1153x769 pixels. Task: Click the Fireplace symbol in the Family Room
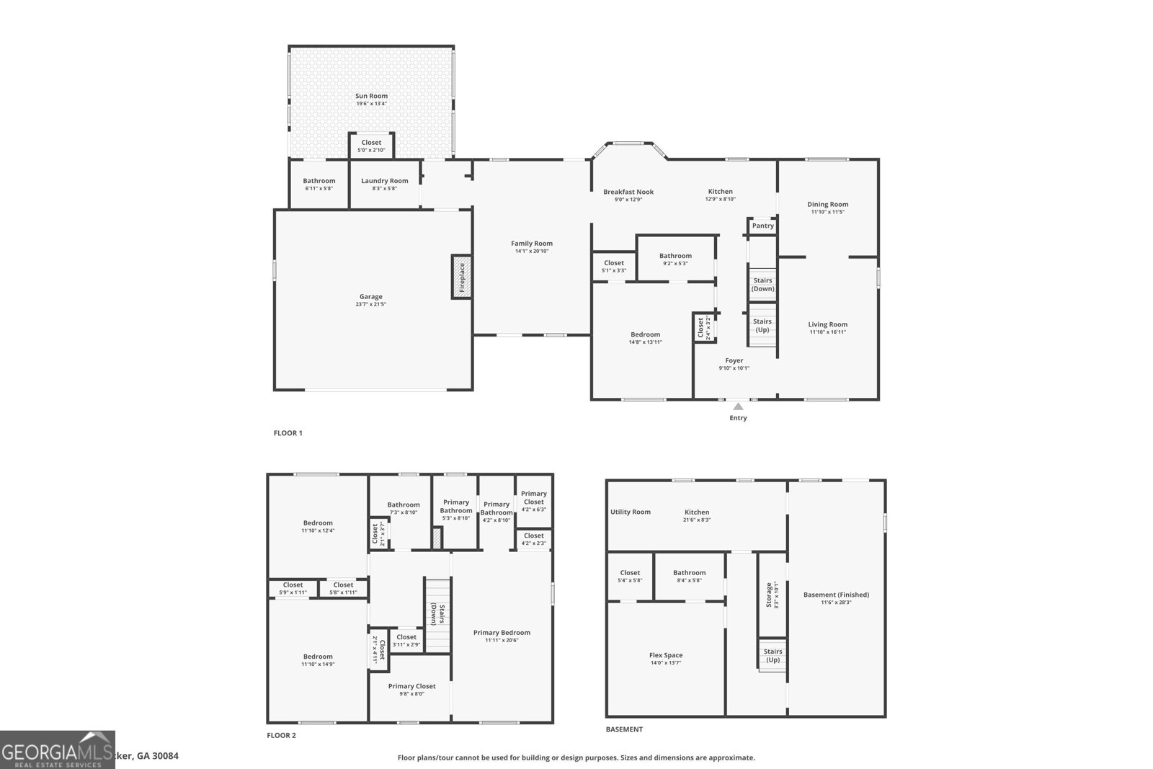click(462, 276)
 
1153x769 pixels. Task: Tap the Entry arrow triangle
click(738, 407)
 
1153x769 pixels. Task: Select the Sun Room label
click(371, 96)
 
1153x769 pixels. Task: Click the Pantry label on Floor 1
click(762, 226)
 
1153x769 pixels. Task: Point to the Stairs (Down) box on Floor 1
click(762, 284)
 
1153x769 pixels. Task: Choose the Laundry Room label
click(384, 181)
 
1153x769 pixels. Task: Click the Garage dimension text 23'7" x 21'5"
click(371, 304)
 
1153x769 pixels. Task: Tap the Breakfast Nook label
click(628, 192)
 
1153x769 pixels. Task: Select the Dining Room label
click(827, 204)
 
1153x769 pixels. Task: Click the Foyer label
click(734, 360)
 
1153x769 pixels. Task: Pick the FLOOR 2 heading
click(281, 735)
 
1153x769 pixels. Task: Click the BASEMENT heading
click(624, 729)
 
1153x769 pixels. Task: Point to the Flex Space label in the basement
click(665, 655)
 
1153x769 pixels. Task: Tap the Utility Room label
click(630, 512)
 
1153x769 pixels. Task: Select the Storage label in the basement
click(769, 595)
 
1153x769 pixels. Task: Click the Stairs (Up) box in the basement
click(773, 655)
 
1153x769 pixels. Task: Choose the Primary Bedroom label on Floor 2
click(502, 633)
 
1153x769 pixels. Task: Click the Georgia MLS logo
click(57, 750)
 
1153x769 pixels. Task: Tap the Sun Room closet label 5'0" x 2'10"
click(371, 150)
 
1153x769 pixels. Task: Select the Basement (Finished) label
click(836, 595)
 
